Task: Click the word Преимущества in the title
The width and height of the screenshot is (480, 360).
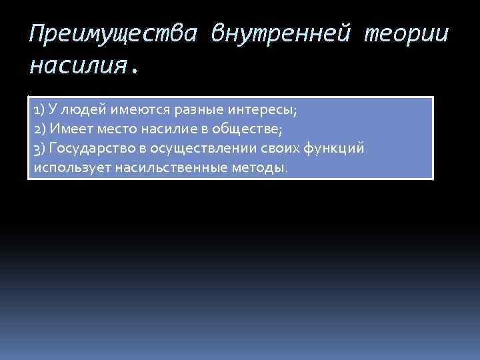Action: coord(113,33)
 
